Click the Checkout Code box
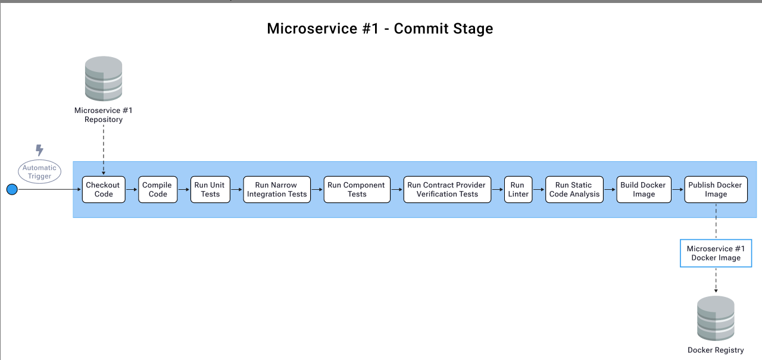pyautogui.click(x=104, y=189)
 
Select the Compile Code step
pyautogui.click(x=158, y=189)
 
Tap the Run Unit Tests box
pyautogui.click(x=210, y=189)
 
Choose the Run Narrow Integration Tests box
pyautogui.click(x=277, y=189)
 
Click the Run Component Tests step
pyautogui.click(x=357, y=189)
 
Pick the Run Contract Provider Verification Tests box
pyautogui.click(x=447, y=189)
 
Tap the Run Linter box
pyautogui.click(x=518, y=189)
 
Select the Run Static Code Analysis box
pyautogui.click(x=574, y=189)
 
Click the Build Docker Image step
pyautogui.click(x=644, y=189)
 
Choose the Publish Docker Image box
pyautogui.click(x=716, y=189)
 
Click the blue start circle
pyautogui.click(x=12, y=190)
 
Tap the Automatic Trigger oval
pyautogui.click(x=39, y=172)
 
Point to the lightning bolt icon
pyautogui.click(x=39, y=150)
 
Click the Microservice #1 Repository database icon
pyautogui.click(x=104, y=79)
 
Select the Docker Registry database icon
pyautogui.click(x=716, y=318)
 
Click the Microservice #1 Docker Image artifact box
pyautogui.click(x=716, y=253)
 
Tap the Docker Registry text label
pyautogui.click(x=716, y=350)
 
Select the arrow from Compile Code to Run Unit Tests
pyautogui.click(x=184, y=190)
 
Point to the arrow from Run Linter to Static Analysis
pyautogui.click(x=539, y=190)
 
